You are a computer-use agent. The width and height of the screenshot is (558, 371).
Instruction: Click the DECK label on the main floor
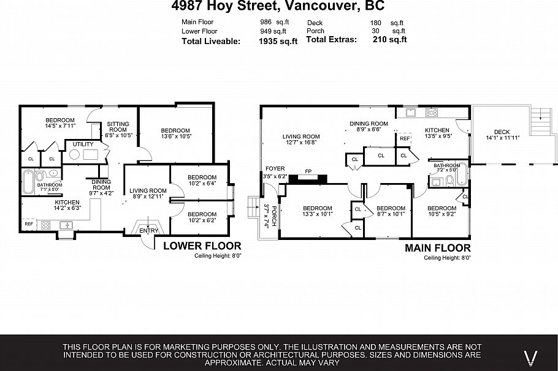[x=502, y=131]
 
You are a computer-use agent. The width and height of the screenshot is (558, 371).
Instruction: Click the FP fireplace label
[x=307, y=173]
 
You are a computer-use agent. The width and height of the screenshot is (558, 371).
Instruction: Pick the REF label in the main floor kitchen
[x=404, y=139]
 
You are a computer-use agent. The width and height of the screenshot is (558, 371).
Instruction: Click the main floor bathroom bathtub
[x=461, y=176]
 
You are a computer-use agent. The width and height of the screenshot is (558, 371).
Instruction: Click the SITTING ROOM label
[x=118, y=126]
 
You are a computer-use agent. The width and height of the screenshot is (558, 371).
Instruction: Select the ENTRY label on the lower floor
[x=148, y=231]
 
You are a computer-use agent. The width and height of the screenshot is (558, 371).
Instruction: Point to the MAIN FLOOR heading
[x=437, y=248]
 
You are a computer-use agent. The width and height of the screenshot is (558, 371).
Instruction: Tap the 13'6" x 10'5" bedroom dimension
[x=175, y=137]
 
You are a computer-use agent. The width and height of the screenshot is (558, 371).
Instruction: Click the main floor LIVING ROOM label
[x=301, y=137]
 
